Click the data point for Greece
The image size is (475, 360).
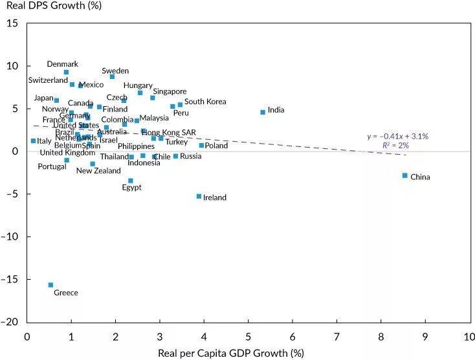tap(50, 285)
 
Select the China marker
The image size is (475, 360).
tap(405, 175)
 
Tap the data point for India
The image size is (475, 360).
tap(263, 112)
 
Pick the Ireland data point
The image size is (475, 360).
tap(199, 196)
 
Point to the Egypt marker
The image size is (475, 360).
tap(131, 181)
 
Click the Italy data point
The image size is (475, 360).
tap(33, 141)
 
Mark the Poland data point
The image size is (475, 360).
tap(201, 146)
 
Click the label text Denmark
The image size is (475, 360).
tap(62, 64)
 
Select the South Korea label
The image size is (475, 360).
tap(205, 102)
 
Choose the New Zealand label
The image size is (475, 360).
tap(98, 171)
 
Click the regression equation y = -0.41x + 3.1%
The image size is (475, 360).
tap(397, 137)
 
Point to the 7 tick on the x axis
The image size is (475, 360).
tap(337, 336)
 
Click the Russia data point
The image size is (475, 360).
tap(175, 156)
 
